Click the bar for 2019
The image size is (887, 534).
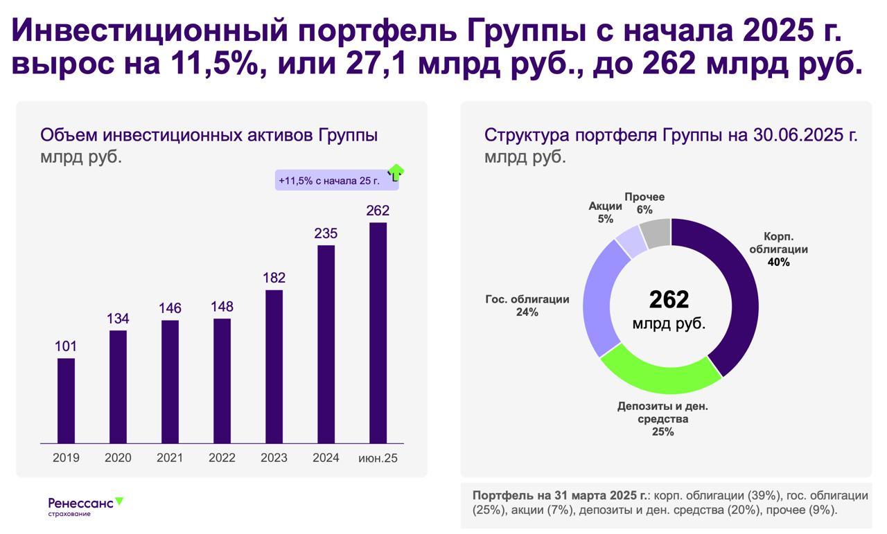[66, 400]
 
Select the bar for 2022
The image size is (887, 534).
[222, 380]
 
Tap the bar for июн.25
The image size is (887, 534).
[378, 332]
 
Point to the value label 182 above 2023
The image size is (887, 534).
[274, 278]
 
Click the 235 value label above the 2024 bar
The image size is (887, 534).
[326, 233]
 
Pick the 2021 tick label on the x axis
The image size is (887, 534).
[170, 458]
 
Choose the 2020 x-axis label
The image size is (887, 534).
[118, 458]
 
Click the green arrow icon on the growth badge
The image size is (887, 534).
[395, 172]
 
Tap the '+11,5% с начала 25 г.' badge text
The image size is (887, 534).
[329, 181]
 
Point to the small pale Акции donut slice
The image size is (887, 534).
[631, 242]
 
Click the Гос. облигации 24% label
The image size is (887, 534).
[527, 305]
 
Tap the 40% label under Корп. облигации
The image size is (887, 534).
[778, 262]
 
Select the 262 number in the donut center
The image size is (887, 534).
[669, 299]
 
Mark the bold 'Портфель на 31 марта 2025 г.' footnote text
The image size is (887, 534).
[560, 496]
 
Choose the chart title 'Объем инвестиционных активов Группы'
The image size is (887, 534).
[209, 135]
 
